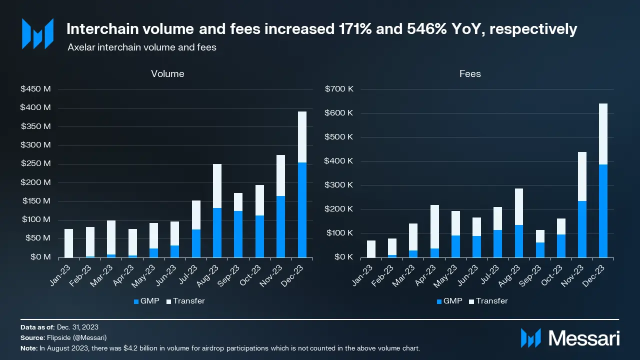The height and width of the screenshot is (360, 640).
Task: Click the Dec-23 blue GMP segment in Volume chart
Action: click(x=302, y=210)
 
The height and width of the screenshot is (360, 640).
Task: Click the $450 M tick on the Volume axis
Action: click(x=35, y=89)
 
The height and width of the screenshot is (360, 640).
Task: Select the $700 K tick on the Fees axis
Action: click(x=339, y=89)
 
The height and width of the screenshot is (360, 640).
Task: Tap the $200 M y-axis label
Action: click(x=35, y=182)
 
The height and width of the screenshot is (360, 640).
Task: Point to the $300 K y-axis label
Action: click(x=339, y=185)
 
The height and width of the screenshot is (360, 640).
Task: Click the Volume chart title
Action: click(x=167, y=74)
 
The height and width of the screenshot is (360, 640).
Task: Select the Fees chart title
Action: click(x=470, y=74)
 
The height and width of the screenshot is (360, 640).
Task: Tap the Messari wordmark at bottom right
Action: click(x=584, y=338)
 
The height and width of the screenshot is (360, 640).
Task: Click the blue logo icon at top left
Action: click(x=37, y=33)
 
